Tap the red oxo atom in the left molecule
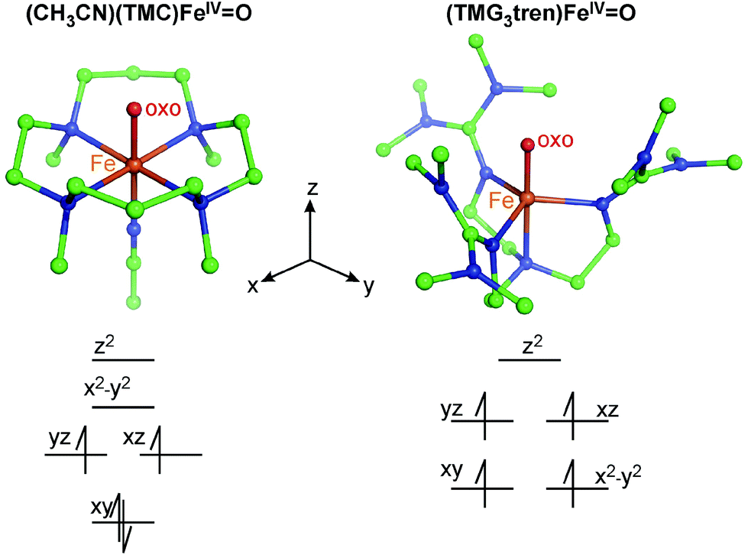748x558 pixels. click(x=134, y=109)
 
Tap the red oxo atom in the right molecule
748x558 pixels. click(x=526, y=144)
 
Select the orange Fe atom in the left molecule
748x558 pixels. click(x=134, y=164)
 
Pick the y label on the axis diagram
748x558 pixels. click(x=370, y=286)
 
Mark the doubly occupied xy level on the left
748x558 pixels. click(x=124, y=522)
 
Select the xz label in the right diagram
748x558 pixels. click(x=606, y=411)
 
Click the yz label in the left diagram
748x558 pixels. click(x=58, y=439)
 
